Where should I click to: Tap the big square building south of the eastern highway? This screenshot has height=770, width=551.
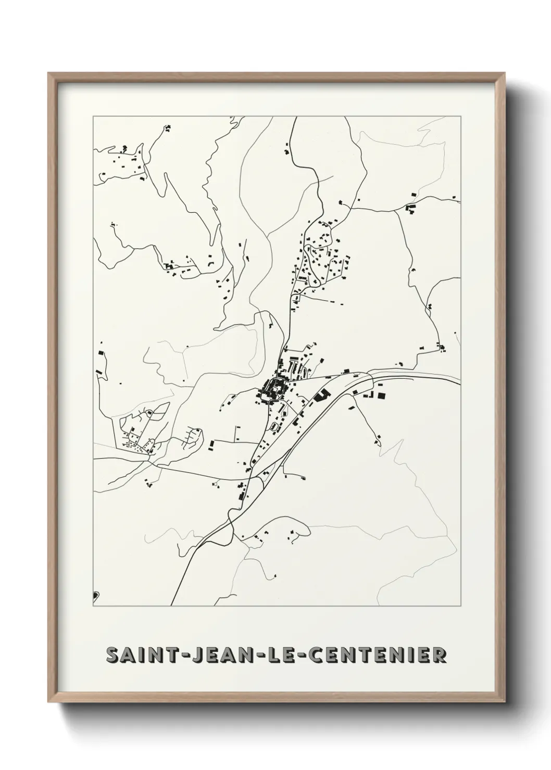coord(382,396)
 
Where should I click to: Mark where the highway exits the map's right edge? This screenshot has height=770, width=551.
coord(460,384)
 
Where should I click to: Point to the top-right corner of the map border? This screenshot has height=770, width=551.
coord(460,116)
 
